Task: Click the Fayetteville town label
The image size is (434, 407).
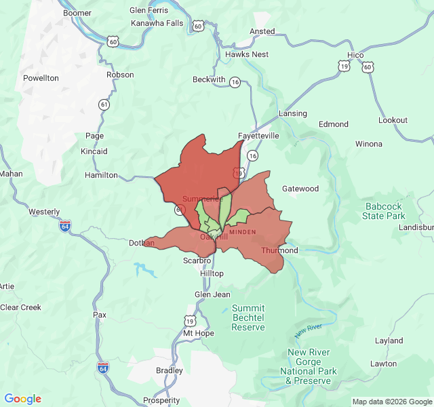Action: [x=258, y=136]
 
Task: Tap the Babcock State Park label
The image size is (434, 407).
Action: [x=384, y=211]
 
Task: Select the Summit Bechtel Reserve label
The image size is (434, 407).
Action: [x=248, y=317]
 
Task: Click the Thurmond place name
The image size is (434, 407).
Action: [x=279, y=250]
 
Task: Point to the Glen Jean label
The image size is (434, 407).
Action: [x=212, y=294]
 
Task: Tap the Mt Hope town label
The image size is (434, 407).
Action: [x=198, y=333]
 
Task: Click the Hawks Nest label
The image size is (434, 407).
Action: [x=247, y=54]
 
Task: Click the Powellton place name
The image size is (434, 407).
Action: [x=41, y=78]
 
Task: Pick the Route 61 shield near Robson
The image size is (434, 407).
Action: [x=104, y=104]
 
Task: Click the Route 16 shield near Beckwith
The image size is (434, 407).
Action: [x=235, y=82]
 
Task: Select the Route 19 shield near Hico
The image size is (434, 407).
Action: [x=344, y=66]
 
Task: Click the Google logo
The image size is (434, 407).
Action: [x=22, y=399]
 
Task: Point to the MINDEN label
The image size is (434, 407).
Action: [x=242, y=232]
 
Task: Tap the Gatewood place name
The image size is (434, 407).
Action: [x=300, y=189]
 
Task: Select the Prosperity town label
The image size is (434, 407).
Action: [x=161, y=400]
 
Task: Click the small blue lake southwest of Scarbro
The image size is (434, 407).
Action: [x=146, y=271]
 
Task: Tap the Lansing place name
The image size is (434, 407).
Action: [x=292, y=113]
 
